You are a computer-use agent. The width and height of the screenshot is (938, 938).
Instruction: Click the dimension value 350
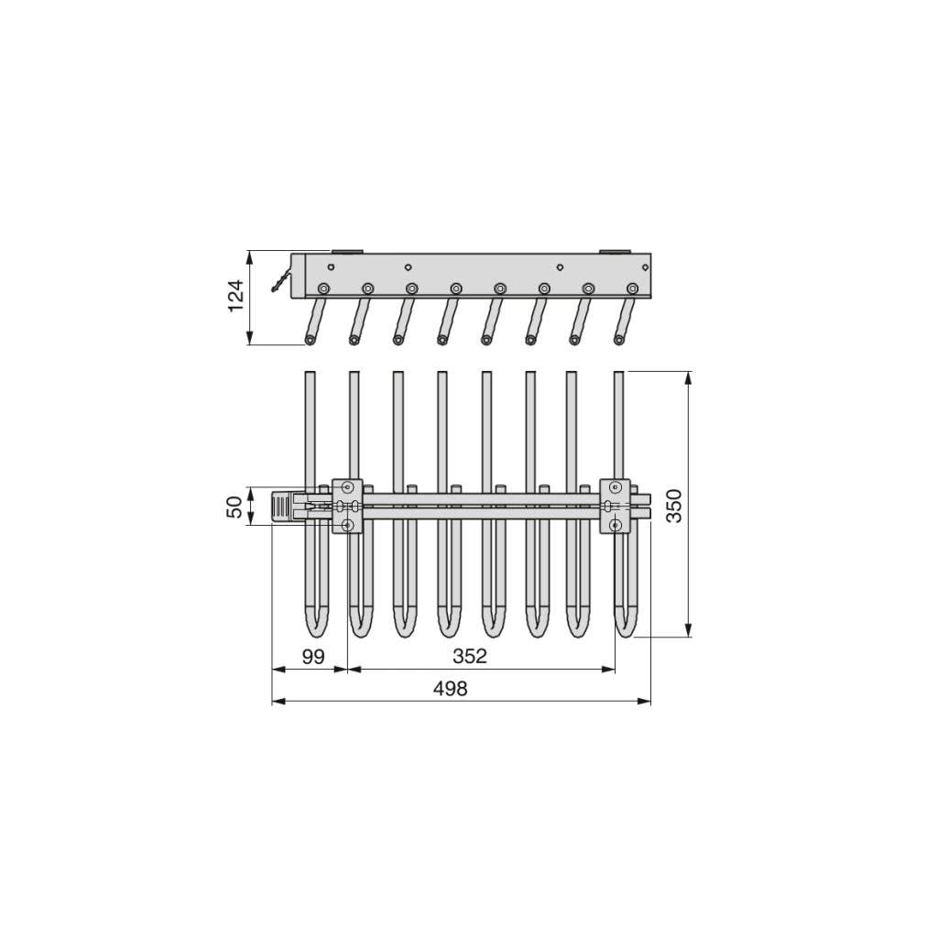[673, 506]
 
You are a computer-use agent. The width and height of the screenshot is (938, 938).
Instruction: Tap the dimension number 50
[236, 507]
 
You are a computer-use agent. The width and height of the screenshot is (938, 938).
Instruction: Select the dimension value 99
[313, 656]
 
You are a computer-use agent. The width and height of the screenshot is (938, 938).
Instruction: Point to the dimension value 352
[470, 656]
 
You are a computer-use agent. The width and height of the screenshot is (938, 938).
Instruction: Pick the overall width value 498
[450, 689]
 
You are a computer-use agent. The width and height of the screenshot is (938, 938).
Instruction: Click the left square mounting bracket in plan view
[347, 506]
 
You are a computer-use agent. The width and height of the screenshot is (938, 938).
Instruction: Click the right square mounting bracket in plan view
[615, 506]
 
